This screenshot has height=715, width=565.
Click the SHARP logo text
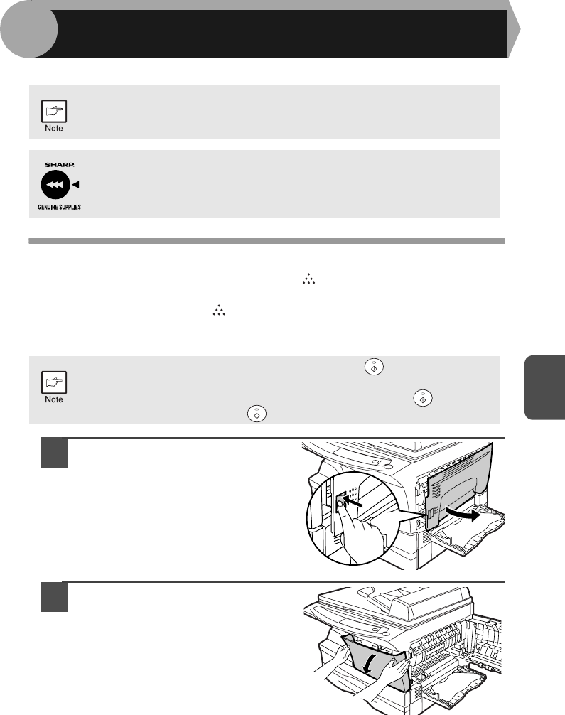[x=59, y=165]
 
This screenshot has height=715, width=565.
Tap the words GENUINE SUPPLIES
[x=59, y=207]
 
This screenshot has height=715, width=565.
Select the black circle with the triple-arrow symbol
[x=55, y=185]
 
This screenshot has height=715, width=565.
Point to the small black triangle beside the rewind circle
[x=76, y=185]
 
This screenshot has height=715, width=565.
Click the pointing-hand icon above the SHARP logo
[x=54, y=111]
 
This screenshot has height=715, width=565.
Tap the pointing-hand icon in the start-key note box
[x=54, y=382]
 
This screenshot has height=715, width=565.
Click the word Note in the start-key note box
[x=54, y=399]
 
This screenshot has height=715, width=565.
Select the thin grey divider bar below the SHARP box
[x=267, y=241]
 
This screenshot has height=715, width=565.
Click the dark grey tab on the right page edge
[x=545, y=387]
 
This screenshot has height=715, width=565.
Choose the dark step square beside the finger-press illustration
[x=54, y=452]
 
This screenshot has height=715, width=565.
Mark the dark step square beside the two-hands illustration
[x=54, y=597]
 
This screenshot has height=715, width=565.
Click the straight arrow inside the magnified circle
[x=353, y=502]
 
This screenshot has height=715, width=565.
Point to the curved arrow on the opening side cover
[x=463, y=515]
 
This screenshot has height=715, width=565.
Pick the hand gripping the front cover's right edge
[x=392, y=671]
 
